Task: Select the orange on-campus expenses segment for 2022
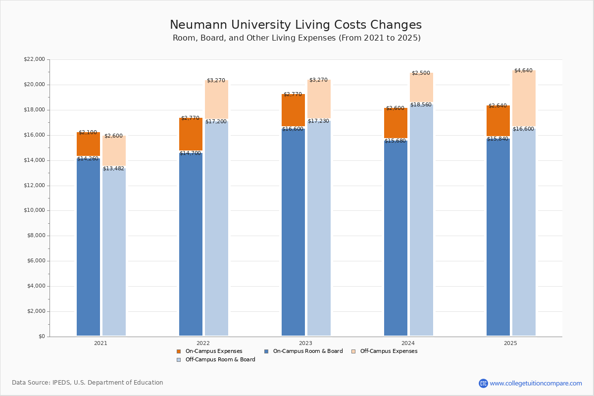(191, 134)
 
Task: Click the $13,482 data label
(113, 169)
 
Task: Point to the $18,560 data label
(421, 105)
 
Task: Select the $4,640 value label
(523, 71)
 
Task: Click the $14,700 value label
(190, 153)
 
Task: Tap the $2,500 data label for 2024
(421, 73)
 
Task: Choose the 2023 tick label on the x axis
(305, 343)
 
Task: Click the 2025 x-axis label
(510, 343)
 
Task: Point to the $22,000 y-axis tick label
(34, 59)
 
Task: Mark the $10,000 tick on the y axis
(34, 210)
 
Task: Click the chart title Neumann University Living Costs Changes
(296, 25)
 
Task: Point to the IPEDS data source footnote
(88, 383)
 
